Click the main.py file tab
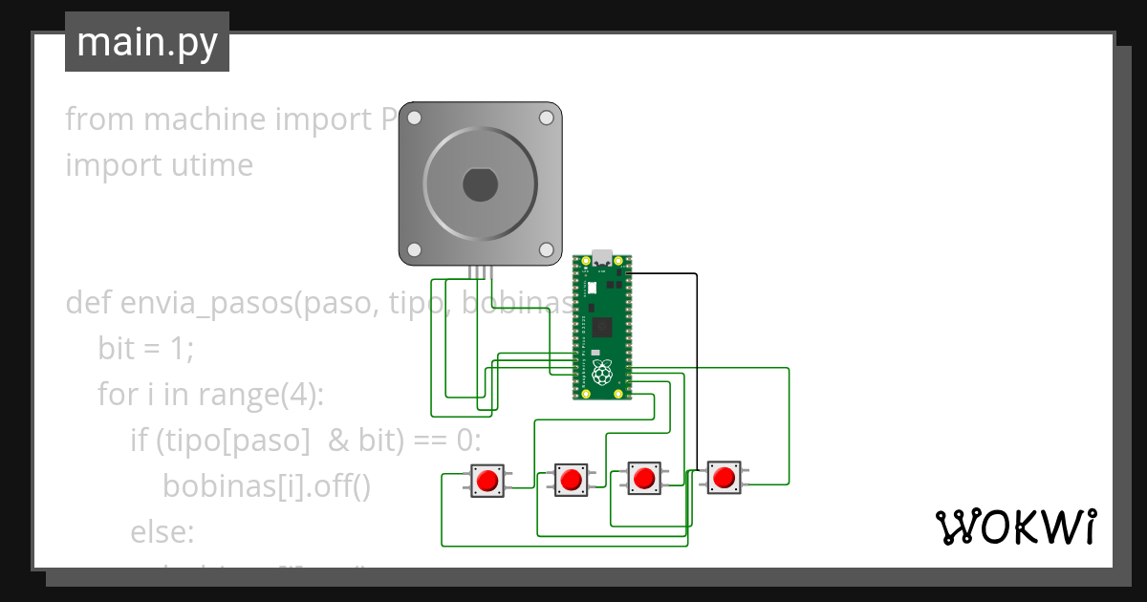point(147,42)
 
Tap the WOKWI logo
point(1015,527)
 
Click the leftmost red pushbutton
point(488,480)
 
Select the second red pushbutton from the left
point(572,479)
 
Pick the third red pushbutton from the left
point(643,477)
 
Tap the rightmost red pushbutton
point(724,476)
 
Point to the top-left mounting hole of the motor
point(415,118)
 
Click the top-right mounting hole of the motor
point(547,118)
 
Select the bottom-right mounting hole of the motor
point(547,249)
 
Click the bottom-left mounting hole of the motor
point(415,249)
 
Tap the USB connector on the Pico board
point(602,259)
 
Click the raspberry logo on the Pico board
point(602,374)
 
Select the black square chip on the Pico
point(602,328)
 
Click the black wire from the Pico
point(696,363)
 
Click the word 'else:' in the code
point(162,531)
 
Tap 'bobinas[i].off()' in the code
point(266,485)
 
